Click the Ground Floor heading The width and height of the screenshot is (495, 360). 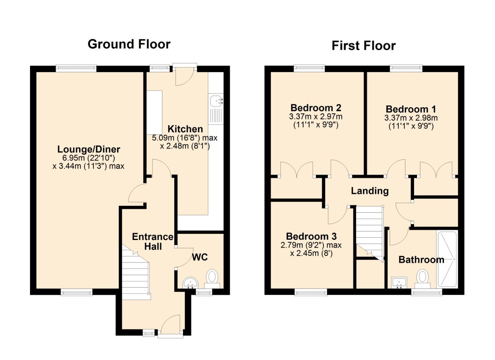coord(129,44)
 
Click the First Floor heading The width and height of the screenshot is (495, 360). coord(364,46)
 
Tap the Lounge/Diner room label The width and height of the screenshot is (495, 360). coord(89,149)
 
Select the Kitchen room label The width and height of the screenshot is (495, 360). coord(185,129)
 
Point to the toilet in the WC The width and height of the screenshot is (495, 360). coord(212,279)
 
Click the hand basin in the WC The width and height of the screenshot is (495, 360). coord(190,283)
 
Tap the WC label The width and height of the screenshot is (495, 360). coord(200,257)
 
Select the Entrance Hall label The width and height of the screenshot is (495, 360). coord(153,242)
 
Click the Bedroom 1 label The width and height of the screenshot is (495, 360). coord(411,109)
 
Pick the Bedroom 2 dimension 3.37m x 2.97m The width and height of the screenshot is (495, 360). coord(316,117)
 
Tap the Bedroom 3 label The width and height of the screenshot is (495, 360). coord(311,236)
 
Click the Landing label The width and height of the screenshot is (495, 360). coord(370,191)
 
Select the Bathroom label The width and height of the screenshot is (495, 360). coord(421,260)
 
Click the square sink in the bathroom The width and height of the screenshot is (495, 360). coord(399,283)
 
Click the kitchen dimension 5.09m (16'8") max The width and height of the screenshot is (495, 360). coord(185,138)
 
